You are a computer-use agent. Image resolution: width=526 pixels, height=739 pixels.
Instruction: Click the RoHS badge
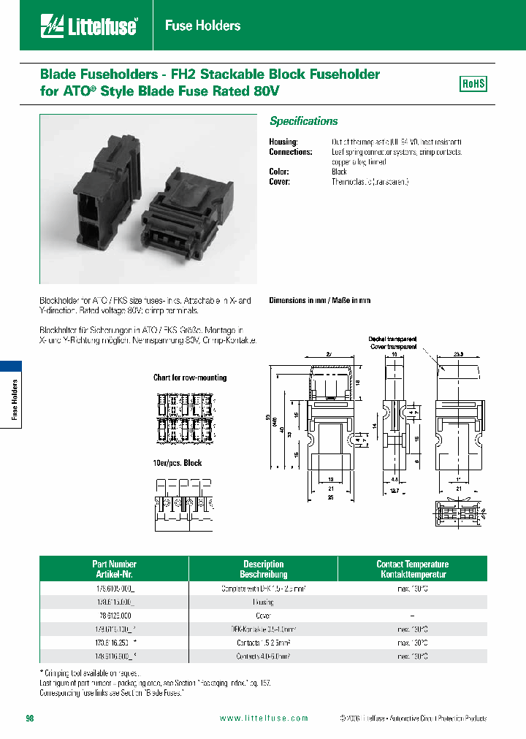473,84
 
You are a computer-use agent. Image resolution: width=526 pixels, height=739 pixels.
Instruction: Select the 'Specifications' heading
304,121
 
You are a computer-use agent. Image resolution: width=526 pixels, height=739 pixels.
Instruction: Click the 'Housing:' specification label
283,142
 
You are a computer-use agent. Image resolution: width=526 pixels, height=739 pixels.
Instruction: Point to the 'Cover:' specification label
280,182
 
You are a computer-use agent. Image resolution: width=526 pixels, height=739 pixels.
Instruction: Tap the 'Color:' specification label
280,172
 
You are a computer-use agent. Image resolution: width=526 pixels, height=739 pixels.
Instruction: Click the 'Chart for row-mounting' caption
190,378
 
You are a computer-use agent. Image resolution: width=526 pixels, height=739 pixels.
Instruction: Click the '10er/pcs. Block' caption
178,463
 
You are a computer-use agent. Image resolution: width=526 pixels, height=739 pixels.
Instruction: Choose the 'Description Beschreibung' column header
263,569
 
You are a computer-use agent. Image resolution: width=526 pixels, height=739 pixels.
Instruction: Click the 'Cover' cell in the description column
263,615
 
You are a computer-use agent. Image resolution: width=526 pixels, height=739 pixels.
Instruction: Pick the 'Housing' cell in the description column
263,602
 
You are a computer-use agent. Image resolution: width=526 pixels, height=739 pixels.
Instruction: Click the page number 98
30,719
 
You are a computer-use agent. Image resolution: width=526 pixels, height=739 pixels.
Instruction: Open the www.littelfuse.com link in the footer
264,719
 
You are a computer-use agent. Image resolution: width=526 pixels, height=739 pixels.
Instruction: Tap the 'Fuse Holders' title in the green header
202,26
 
